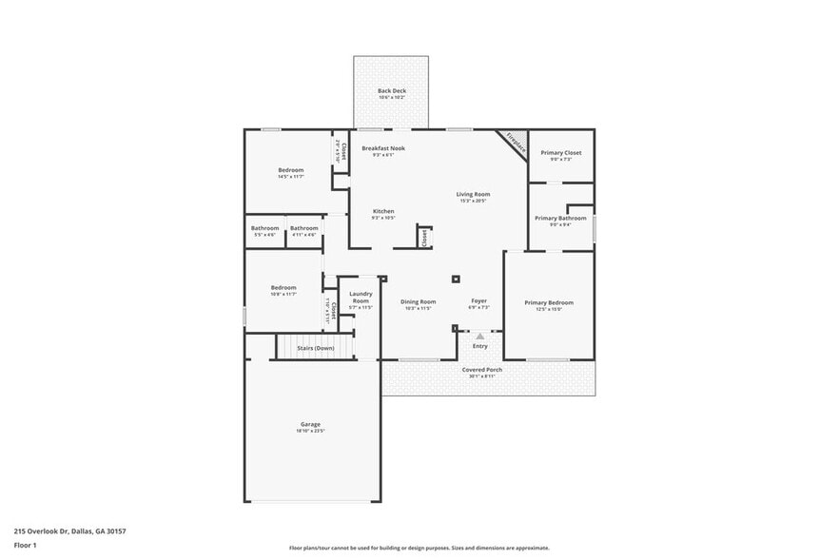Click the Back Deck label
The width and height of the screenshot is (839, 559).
(391, 91)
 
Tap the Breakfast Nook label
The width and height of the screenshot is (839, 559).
(383, 148)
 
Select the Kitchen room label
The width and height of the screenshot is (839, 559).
(383, 211)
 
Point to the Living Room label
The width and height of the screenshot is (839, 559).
(473, 194)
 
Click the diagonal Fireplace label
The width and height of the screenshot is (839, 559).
(516, 144)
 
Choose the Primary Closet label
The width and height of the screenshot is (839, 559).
(560, 152)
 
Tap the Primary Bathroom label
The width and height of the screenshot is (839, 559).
(559, 218)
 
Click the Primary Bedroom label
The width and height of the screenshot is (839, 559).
(549, 302)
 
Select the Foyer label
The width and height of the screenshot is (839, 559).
(479, 301)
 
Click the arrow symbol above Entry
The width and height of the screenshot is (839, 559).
(480, 336)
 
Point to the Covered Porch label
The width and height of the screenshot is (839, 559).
(482, 369)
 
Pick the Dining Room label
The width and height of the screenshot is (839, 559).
(418, 301)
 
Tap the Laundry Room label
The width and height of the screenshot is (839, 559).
(361, 297)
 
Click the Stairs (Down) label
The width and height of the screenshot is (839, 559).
(315, 348)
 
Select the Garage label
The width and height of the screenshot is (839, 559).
(311, 424)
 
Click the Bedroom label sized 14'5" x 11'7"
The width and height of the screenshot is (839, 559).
(290, 170)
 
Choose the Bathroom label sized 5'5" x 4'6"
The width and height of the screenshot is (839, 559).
(264, 228)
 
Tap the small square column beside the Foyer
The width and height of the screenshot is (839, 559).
(456, 279)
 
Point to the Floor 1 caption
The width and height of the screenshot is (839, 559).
(25, 545)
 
